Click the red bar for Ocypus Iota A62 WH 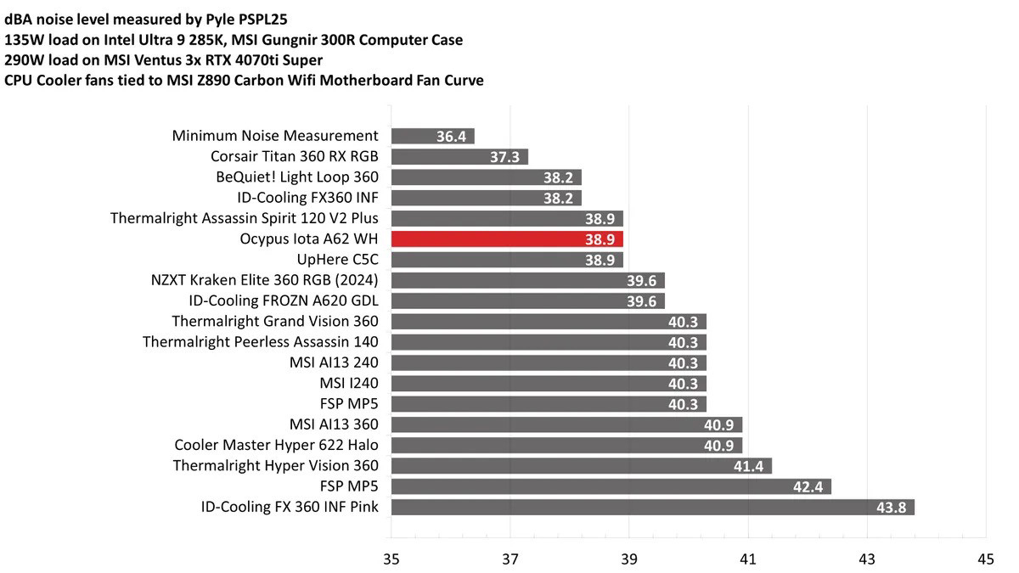click(507, 239)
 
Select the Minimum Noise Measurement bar click(432, 136)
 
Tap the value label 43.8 click(894, 508)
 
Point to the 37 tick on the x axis click(510, 559)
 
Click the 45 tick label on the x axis click(985, 559)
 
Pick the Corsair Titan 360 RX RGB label click(294, 156)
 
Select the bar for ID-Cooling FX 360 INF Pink click(652, 508)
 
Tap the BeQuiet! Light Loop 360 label click(297, 177)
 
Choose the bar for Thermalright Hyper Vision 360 click(581, 466)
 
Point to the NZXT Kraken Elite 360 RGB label click(263, 280)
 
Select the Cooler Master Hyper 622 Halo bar click(566, 445)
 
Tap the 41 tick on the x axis click(748, 559)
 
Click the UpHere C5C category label click(336, 260)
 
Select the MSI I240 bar click(549, 384)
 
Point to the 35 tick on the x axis click(391, 559)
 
